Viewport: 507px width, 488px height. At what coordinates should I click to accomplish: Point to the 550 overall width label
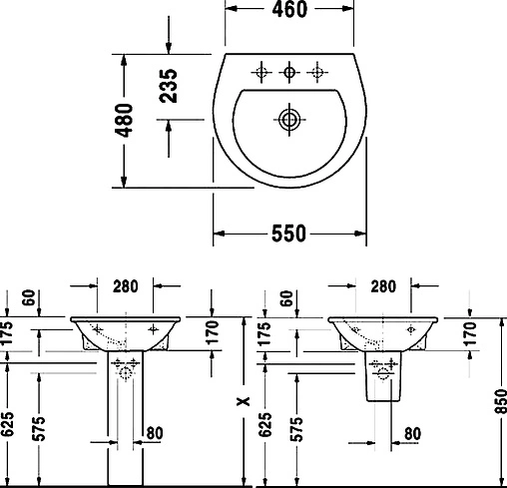click(288, 234)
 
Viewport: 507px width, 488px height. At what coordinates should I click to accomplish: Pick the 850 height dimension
click(498, 403)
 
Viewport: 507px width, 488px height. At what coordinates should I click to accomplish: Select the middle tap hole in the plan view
click(289, 71)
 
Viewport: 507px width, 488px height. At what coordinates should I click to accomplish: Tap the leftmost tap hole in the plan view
click(260, 71)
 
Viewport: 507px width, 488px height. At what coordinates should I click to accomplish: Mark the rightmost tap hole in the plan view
click(318, 71)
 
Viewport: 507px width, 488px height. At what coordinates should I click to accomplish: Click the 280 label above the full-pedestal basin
click(125, 286)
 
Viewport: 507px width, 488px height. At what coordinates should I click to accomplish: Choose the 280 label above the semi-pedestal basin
click(382, 286)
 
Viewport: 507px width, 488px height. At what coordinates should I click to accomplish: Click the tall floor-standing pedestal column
click(125, 429)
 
